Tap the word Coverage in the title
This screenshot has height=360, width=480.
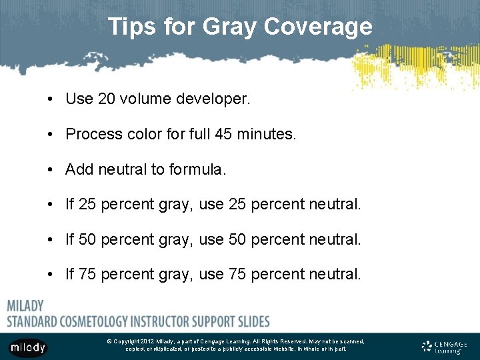(x=317, y=27)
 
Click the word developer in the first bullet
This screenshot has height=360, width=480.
(x=213, y=99)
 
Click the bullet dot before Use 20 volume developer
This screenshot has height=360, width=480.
(x=51, y=100)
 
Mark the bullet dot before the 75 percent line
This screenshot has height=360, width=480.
(x=51, y=274)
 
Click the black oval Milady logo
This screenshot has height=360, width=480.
(x=28, y=347)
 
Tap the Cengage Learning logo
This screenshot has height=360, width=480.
(x=445, y=346)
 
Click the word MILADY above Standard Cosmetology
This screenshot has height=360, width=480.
(x=25, y=306)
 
